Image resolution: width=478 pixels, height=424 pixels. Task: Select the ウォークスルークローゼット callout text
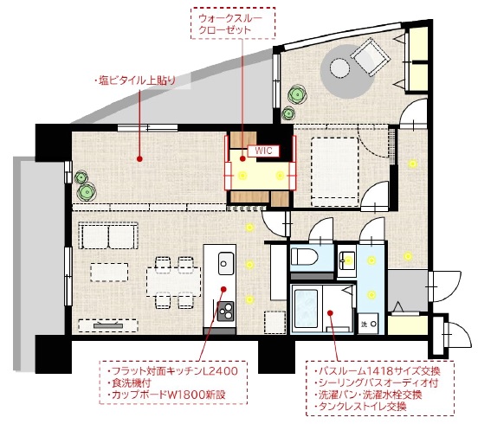pos(231,23)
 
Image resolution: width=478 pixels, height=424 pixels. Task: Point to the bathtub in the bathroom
pos(307,305)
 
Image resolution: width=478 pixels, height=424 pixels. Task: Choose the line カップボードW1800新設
pos(166,395)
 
